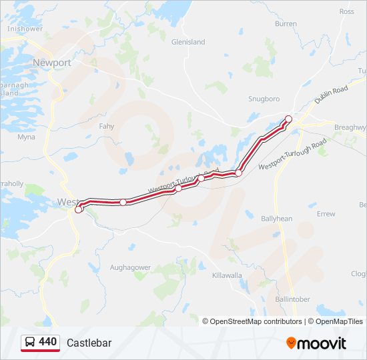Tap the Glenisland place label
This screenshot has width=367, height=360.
click(x=188, y=42)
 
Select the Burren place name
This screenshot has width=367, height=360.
click(x=286, y=24)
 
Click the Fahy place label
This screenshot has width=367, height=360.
click(x=107, y=126)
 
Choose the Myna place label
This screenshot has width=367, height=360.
click(x=26, y=137)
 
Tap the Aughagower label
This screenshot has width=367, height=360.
click(x=131, y=267)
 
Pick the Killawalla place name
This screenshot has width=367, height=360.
click(x=227, y=275)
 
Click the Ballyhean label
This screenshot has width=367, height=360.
click(x=277, y=219)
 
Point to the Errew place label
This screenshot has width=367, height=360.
click(x=326, y=214)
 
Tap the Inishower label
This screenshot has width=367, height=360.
click(x=25, y=29)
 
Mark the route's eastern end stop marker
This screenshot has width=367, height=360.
click(x=289, y=119)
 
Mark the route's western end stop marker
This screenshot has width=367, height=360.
click(x=79, y=209)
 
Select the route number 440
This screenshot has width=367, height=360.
click(x=48, y=342)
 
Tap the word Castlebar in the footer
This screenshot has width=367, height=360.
click(x=89, y=343)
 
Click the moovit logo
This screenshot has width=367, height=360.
click(x=316, y=343)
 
